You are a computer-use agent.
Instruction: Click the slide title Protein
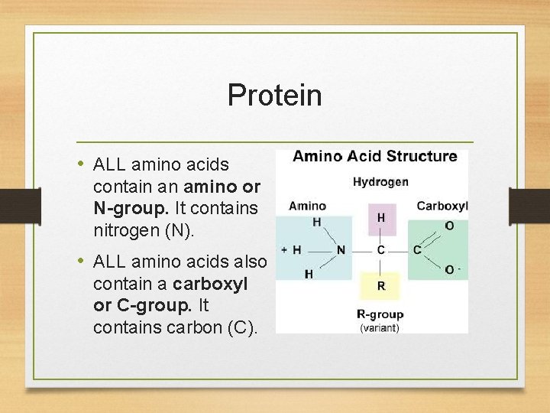(274, 96)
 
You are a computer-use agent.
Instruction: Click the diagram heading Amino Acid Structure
(375, 156)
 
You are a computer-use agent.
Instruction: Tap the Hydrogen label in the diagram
(380, 182)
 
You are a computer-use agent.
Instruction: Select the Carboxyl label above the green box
(442, 206)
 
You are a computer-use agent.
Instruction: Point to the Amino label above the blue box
(307, 206)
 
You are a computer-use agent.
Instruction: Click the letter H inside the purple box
(380, 218)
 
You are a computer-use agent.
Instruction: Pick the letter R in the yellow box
(380, 285)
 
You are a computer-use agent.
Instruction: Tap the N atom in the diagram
(341, 250)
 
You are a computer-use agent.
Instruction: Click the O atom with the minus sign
(451, 269)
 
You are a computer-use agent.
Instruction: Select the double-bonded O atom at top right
(448, 226)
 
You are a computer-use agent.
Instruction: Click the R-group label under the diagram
(380, 314)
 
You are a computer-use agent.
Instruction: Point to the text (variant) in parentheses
(380, 327)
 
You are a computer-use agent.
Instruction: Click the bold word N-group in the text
(125, 208)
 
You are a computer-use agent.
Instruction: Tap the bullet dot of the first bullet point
(81, 164)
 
